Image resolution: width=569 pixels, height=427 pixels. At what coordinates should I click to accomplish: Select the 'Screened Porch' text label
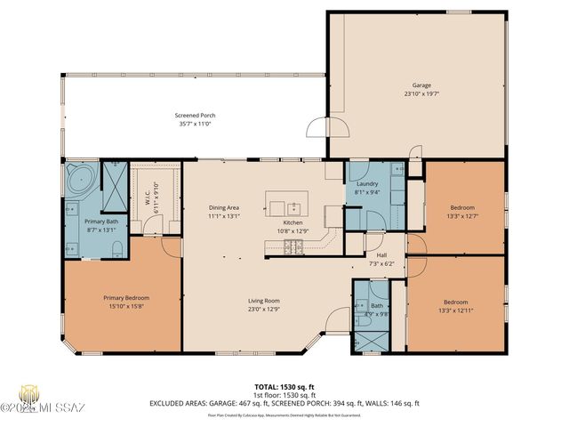[194, 115]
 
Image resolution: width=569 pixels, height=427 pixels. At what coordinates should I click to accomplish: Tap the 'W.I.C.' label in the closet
[148, 197]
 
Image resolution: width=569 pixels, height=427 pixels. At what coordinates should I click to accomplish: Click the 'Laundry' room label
[368, 183]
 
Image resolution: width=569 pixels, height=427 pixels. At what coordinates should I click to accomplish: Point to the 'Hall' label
[381, 230]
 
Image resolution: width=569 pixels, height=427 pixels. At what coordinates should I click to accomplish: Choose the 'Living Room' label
[264, 301]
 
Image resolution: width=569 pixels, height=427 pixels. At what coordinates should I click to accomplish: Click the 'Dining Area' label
[224, 207]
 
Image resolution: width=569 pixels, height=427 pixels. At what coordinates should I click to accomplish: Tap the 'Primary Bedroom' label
[126, 298]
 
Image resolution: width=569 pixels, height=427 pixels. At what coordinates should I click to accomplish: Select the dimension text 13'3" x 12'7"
[461, 214]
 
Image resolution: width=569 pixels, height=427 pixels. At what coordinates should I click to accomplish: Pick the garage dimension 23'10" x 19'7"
[421, 93]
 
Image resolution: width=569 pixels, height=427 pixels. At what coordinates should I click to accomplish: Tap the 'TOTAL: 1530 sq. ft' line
[284, 386]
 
